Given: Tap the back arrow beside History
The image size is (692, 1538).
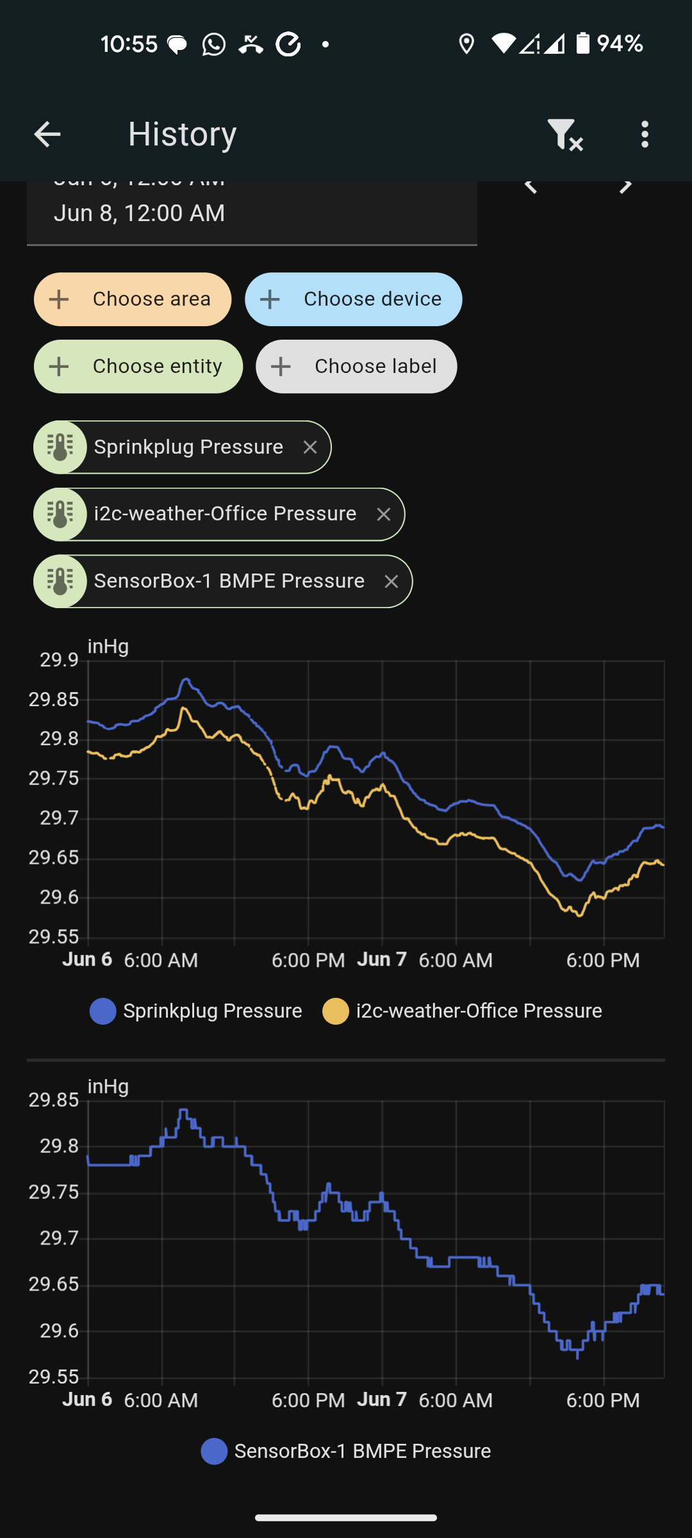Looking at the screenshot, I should (47, 135).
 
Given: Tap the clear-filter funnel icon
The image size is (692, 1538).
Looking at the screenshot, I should (564, 135).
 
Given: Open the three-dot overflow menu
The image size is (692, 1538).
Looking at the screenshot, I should (645, 135).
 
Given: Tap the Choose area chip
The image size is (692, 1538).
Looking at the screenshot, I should (133, 299).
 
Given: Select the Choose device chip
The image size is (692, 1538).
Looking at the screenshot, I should (353, 299).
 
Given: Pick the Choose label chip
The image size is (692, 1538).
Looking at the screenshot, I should (356, 367).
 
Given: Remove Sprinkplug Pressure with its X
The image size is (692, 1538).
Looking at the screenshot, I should (310, 447).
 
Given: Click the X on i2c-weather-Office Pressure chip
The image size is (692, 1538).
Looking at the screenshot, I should (384, 515).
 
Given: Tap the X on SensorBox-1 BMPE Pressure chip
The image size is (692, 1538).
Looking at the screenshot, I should (391, 581).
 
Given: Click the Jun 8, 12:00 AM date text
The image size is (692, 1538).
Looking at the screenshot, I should (140, 213).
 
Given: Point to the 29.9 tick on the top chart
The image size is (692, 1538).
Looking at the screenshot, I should (59, 659).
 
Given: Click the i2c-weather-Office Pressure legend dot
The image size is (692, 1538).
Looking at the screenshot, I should (336, 1011).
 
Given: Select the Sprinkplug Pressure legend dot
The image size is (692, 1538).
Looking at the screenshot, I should (103, 1011).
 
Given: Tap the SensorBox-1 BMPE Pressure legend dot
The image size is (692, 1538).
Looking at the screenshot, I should (214, 1451).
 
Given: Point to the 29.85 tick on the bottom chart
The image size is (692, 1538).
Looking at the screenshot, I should (54, 1100).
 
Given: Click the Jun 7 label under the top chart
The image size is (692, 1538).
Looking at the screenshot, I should (382, 959).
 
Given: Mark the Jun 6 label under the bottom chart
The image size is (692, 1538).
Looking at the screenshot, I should (87, 1400).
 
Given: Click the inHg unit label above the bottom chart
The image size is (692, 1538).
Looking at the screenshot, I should (108, 1087).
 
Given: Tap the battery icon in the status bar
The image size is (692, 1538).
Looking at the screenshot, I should (582, 44).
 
